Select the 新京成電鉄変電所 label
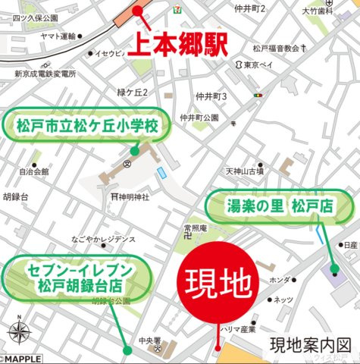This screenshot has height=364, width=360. click(45, 74)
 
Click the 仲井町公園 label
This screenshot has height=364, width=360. click(200, 118)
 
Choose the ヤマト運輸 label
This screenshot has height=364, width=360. click(58, 36)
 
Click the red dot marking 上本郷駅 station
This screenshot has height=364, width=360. click(137, 11)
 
